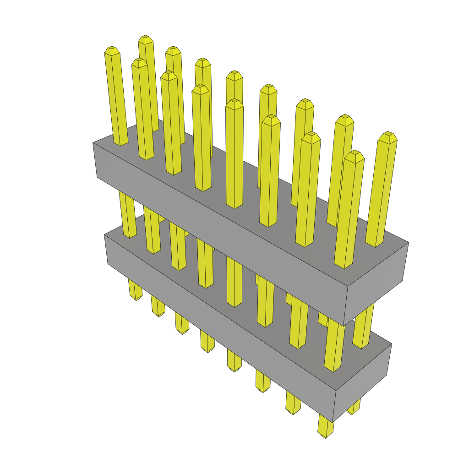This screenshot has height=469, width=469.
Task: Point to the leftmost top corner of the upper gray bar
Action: pyautogui.click(x=93, y=142)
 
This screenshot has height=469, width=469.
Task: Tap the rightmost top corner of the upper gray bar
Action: pyautogui.click(x=408, y=242)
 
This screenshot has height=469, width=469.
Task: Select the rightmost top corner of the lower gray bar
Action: pyautogui.click(x=391, y=344)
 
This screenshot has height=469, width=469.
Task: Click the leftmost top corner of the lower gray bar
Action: pyautogui.click(x=104, y=235)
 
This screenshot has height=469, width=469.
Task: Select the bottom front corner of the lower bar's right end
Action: pyautogui.click(x=333, y=422)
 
